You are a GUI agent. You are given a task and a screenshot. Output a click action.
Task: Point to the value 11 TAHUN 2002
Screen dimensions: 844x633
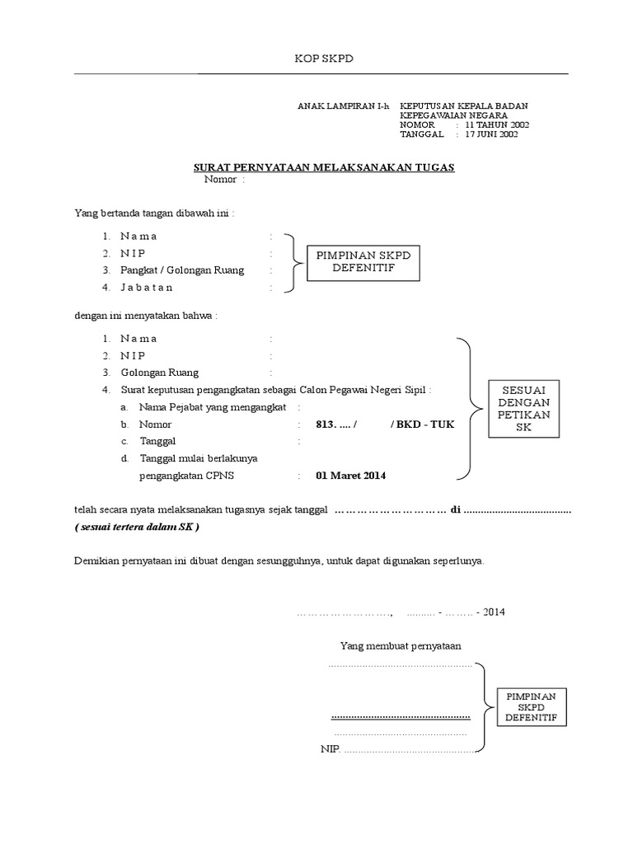497,124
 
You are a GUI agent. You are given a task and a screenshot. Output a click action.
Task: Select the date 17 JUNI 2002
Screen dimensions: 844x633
491,134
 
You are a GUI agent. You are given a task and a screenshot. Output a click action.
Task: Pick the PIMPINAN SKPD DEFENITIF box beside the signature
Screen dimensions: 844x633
531,707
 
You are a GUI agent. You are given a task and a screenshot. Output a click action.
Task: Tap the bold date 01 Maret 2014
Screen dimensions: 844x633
350,476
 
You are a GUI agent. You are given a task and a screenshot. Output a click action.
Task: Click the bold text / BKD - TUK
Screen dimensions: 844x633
422,424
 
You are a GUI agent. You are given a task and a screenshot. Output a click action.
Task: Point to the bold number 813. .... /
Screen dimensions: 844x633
336,424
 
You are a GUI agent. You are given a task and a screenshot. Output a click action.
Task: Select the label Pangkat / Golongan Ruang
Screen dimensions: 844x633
182,270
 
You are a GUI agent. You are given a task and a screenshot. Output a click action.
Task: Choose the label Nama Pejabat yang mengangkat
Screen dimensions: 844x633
213,407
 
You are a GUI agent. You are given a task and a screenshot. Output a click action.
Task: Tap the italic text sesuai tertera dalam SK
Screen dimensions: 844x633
137,527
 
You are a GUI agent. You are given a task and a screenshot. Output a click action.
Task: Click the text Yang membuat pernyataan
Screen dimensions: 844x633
401,645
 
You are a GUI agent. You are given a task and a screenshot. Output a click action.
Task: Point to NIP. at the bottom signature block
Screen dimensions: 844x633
331,749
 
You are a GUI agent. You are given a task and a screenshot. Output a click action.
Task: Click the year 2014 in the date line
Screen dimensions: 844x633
494,612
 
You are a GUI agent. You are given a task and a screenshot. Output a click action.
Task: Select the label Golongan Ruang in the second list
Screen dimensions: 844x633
160,373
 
